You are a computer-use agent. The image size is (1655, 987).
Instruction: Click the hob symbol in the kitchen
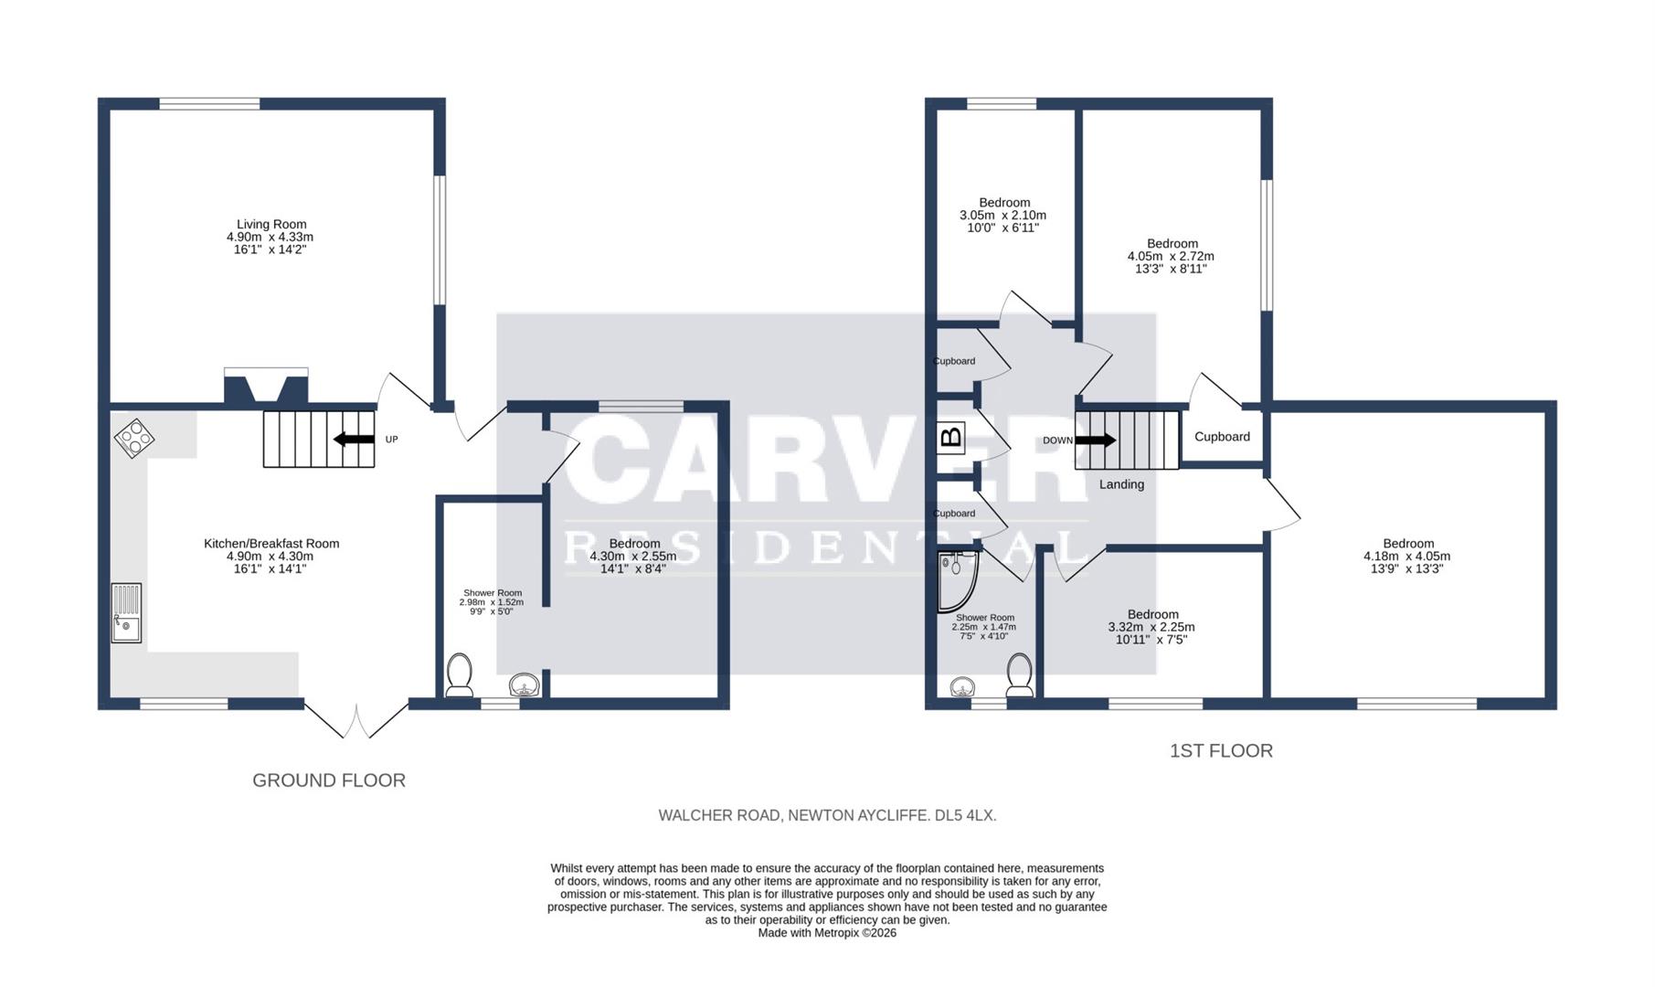coord(133,438)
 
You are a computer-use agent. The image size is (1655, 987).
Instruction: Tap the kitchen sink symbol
coord(127,613)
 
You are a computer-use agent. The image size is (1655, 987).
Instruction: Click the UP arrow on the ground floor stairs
coord(354,440)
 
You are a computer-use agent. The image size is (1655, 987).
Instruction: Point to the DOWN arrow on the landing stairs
coord(1095,440)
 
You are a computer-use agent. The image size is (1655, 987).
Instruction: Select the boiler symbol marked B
coord(951,438)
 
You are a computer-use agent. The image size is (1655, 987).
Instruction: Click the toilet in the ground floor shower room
coord(459,674)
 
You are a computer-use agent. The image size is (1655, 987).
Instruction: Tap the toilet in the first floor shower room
coord(1020,674)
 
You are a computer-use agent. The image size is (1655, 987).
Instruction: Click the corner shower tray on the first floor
coord(958,581)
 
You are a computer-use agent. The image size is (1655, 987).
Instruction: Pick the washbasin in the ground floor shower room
coord(525,685)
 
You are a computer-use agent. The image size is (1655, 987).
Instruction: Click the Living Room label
coord(271,224)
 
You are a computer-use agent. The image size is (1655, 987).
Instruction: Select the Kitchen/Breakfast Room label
coord(271,544)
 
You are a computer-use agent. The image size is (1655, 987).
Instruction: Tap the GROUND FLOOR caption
coord(329,780)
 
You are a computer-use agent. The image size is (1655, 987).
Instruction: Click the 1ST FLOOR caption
coord(1221,751)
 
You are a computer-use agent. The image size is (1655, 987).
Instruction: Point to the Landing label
coord(1121,484)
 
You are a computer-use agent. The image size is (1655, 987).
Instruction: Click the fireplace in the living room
coord(266,386)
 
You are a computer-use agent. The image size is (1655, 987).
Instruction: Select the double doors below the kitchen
coord(356,720)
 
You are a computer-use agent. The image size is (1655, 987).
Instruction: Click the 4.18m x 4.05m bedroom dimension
coord(1407,556)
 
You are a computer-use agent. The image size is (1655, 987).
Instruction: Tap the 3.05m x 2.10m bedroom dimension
coord(1003,215)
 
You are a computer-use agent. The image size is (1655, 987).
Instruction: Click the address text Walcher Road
coord(720,815)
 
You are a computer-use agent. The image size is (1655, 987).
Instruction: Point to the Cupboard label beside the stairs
coord(1222,437)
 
